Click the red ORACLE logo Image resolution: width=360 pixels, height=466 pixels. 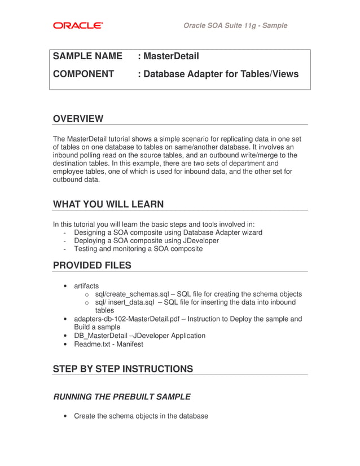pyautogui.click(x=78, y=25)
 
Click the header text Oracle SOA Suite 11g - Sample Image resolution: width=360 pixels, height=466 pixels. pyautogui.click(x=235, y=25)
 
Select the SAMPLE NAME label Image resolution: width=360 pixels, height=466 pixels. pyautogui.click(x=87, y=56)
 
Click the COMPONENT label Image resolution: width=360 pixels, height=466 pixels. pyautogui.click(x=84, y=74)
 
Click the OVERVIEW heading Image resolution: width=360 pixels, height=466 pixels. pyautogui.click(x=78, y=118)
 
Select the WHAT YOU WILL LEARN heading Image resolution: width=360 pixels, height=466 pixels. pyautogui.click(x=108, y=204)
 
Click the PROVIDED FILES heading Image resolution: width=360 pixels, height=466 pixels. pyautogui.click(x=92, y=265)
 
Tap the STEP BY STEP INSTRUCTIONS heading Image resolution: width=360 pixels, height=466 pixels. pyautogui.click(x=122, y=369)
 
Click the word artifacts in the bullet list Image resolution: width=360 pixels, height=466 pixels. pyautogui.click(x=86, y=286)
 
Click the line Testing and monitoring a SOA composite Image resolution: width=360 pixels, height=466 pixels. pyautogui.click(x=138, y=248)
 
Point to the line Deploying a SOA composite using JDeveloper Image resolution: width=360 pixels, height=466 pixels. pyautogui.click(x=146, y=240)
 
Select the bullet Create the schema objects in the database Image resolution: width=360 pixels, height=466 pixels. pyautogui.click(x=141, y=416)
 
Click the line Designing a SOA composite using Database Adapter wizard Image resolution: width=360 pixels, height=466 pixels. pyautogui.click(x=168, y=232)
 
